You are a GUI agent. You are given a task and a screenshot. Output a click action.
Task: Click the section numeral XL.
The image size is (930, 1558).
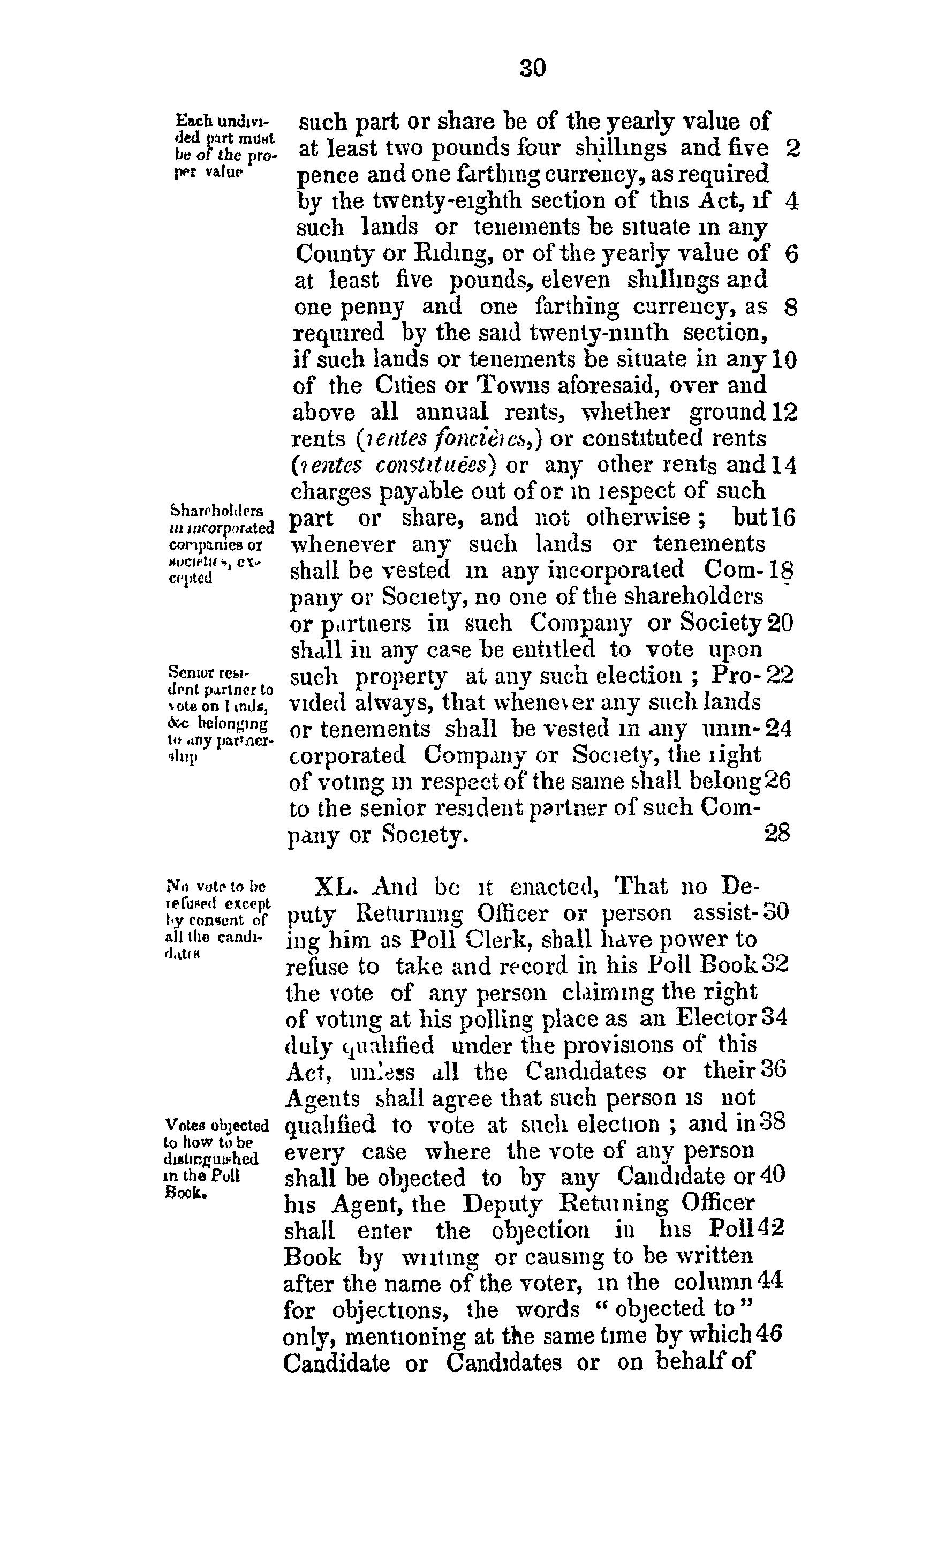[x=335, y=888]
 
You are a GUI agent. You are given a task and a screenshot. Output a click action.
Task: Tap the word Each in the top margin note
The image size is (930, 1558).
[x=188, y=119]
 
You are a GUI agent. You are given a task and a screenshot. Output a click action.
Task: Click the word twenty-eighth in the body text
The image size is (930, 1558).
[x=426, y=202]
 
